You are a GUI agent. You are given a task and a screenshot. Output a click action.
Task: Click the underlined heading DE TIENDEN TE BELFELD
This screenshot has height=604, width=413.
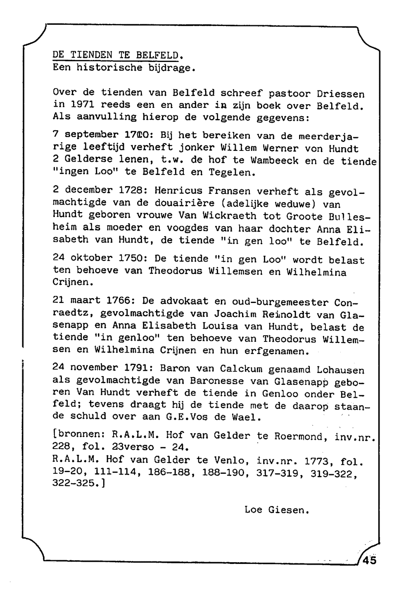pos(118,55)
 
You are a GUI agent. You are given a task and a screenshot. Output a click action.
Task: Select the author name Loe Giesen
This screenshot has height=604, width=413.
pos(277,510)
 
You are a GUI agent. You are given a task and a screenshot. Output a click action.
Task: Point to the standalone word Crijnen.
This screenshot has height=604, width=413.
pos(71,283)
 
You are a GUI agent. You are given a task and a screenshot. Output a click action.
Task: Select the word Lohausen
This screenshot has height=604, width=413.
pos(341,370)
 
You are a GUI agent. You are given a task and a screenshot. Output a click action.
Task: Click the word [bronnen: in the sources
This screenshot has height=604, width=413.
pos(79,435)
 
